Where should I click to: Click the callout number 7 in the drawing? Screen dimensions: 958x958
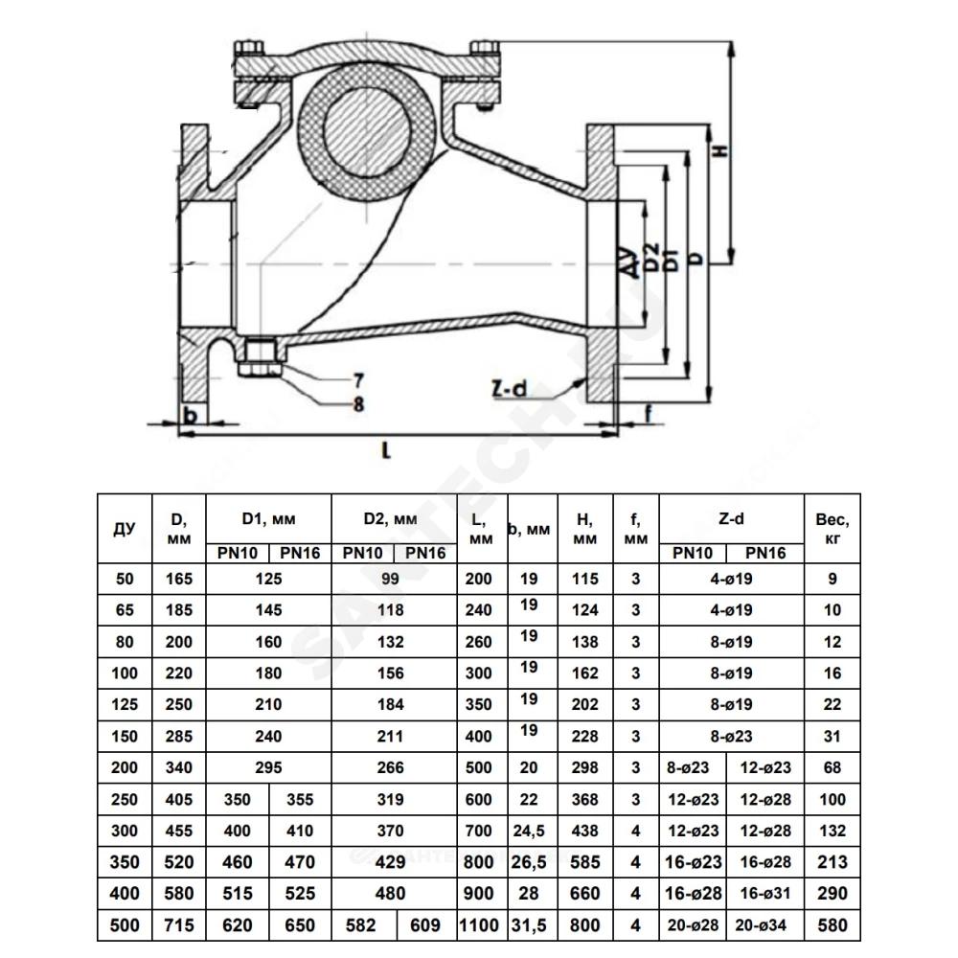pos(358,380)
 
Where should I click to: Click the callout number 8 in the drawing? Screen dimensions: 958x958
pos(358,404)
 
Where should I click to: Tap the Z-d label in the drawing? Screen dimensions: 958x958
pos(509,389)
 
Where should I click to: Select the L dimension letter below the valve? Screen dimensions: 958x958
pos(386,450)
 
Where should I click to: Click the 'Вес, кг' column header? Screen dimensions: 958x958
pos(833,528)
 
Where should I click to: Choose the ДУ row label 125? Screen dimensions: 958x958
pos(125,705)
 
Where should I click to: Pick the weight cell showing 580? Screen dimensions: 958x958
pos(833,926)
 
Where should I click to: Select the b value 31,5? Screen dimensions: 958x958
pos(529,926)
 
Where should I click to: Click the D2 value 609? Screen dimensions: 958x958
pos(425,926)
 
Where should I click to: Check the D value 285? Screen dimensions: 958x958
pos(179,737)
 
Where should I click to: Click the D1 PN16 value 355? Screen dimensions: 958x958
pos(300,800)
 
